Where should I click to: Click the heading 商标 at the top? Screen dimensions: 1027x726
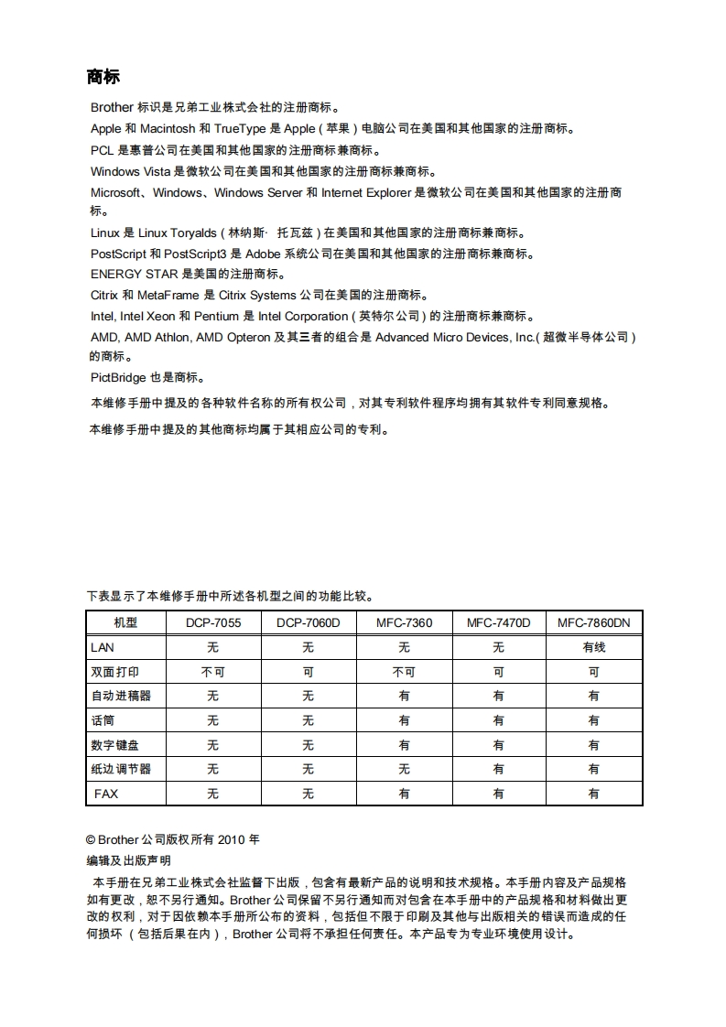(x=103, y=76)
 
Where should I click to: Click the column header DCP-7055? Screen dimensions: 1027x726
(x=212, y=623)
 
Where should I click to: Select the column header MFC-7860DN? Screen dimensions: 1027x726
(x=593, y=623)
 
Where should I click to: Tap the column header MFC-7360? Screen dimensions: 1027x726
(x=404, y=623)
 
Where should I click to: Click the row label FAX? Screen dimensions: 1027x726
(x=106, y=794)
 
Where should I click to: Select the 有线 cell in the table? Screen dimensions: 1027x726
(x=593, y=648)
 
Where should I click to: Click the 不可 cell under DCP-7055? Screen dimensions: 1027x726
(x=212, y=672)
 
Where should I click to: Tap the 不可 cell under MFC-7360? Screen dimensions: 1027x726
(x=404, y=672)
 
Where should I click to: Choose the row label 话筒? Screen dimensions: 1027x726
(x=103, y=720)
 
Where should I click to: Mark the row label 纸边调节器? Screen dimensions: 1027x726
(x=121, y=769)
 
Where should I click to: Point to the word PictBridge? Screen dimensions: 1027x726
(x=118, y=377)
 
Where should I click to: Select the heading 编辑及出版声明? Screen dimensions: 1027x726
(x=128, y=861)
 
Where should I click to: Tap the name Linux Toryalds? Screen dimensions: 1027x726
(x=177, y=232)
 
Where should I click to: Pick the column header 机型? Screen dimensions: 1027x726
(x=125, y=623)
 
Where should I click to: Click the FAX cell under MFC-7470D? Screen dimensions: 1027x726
(x=498, y=794)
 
